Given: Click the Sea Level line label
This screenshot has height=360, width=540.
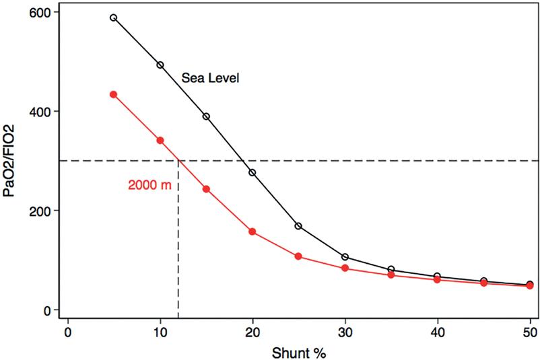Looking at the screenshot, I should [x=211, y=78].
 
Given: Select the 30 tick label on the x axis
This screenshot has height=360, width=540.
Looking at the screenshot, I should [x=345, y=331].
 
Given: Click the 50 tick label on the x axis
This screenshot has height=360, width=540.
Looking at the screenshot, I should [x=529, y=331].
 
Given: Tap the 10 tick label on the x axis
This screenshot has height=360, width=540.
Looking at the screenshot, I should [x=160, y=331].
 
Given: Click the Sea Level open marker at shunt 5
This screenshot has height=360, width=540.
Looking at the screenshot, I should [x=114, y=17].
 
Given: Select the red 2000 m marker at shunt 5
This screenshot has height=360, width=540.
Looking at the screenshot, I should [x=114, y=94].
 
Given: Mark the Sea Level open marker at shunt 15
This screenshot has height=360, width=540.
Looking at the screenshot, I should [x=206, y=116].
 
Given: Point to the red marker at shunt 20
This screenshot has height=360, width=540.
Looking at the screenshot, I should [x=252, y=231].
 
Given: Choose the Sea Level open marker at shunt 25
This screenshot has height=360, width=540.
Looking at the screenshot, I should [x=298, y=226].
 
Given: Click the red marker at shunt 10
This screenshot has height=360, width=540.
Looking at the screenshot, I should [x=160, y=141].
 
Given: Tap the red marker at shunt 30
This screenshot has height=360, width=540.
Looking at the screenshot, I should [x=345, y=268].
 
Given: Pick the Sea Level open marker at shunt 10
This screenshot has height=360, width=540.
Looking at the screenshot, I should [x=160, y=65].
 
